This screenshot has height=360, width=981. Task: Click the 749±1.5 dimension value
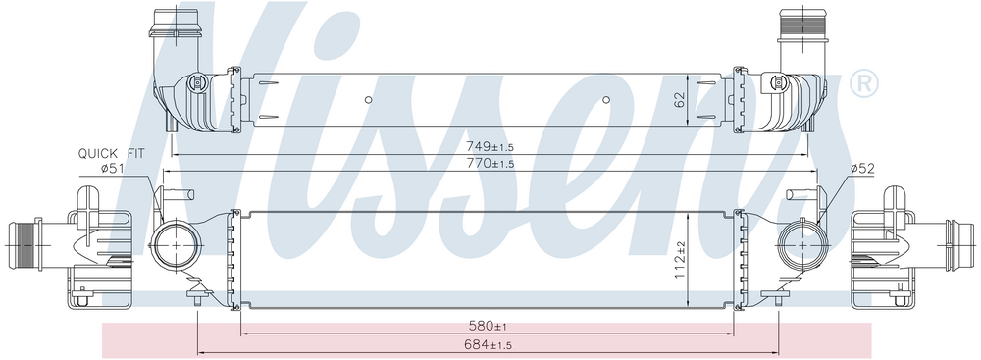click(490, 146)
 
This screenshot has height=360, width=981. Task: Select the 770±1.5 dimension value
click(490, 164)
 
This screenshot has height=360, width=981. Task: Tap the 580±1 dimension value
click(488, 327)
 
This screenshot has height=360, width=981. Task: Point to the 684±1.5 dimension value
click(489, 344)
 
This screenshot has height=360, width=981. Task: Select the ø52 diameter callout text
click(862, 167)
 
